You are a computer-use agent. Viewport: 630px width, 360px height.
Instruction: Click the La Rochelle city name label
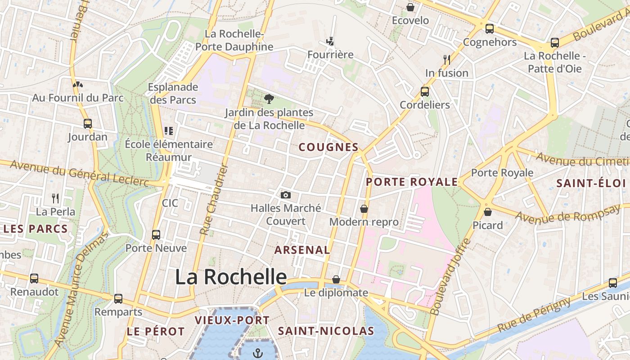pyautogui.click(x=230, y=277)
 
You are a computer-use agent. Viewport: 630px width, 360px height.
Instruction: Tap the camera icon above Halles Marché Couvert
pyautogui.click(x=285, y=195)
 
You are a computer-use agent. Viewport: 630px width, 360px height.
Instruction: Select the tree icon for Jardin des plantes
pyautogui.click(x=269, y=99)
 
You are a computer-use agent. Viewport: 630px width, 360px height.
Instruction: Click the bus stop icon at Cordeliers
pyautogui.click(x=424, y=92)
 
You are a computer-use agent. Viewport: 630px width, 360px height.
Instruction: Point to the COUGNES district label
pyautogui.click(x=328, y=147)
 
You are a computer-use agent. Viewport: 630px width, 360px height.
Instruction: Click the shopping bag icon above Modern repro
pyautogui.click(x=364, y=209)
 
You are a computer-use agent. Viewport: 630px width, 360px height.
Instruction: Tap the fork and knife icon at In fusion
pyautogui.click(x=446, y=59)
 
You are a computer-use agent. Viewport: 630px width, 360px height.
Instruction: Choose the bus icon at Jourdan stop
pyautogui.click(x=88, y=123)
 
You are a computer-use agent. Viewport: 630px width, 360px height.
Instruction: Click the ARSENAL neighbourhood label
pyautogui.click(x=302, y=250)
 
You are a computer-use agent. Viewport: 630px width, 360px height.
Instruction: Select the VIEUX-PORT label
pyautogui.click(x=232, y=320)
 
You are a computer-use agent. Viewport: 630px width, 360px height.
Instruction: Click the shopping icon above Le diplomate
pyautogui.click(x=336, y=279)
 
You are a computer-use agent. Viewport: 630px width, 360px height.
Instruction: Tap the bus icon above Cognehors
pyautogui.click(x=490, y=29)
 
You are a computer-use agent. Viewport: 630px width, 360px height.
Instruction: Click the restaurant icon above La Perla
pyautogui.click(x=55, y=198)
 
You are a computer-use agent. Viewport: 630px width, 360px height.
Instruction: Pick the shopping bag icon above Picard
pyautogui.click(x=487, y=211)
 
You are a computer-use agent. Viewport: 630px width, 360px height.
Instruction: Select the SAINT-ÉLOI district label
pyautogui.click(x=591, y=183)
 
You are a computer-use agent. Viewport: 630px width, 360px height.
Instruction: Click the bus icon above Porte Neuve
pyautogui.click(x=156, y=234)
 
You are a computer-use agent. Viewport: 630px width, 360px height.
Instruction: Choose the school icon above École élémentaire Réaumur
pyautogui.click(x=169, y=131)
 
